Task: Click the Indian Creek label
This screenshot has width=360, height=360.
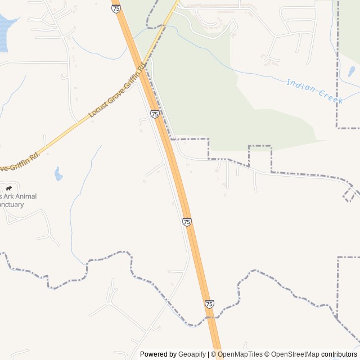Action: (x=315, y=91)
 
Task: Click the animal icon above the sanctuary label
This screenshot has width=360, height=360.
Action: (x=8, y=188)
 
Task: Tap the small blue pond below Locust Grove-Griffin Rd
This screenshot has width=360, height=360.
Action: (x=58, y=174)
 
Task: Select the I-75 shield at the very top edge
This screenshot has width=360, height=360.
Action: (x=116, y=8)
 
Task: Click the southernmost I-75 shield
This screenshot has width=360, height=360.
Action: (x=209, y=304)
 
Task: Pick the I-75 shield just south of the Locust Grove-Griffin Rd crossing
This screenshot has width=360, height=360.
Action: (x=155, y=114)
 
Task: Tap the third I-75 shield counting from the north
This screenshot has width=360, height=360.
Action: (x=187, y=222)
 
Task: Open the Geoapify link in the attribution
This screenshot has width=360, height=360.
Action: (x=192, y=354)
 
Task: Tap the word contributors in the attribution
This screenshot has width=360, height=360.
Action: (x=339, y=354)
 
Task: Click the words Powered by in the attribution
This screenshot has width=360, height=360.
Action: (x=158, y=354)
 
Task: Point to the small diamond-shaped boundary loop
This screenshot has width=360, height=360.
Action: (x=350, y=195)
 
